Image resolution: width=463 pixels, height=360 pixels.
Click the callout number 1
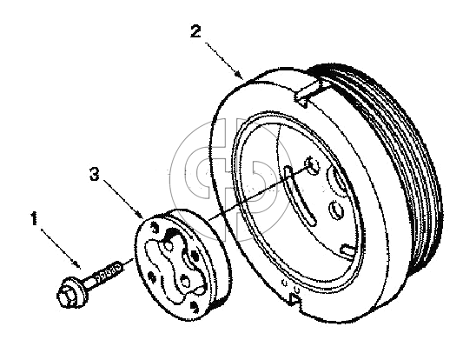(x=35, y=218)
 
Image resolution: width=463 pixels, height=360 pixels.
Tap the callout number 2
(x=195, y=31)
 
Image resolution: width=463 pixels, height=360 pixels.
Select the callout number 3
(x=95, y=174)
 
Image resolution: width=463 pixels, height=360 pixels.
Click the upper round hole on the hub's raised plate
(x=169, y=246)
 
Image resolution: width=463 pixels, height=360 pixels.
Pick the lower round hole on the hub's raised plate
(x=185, y=282)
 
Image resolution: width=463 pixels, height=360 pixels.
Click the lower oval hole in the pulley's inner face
(x=335, y=210)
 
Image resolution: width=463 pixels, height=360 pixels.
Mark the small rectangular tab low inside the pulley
(x=347, y=249)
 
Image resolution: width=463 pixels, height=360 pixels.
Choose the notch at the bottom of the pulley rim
(x=294, y=298)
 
